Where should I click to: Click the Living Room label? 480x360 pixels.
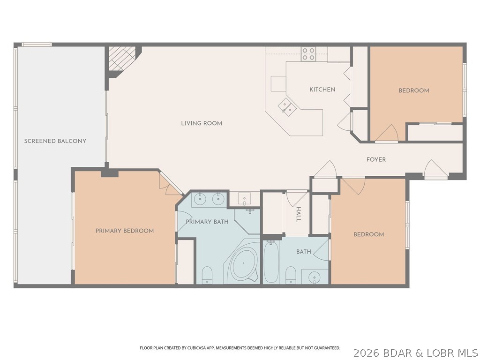click(202, 123)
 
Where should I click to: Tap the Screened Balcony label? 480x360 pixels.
click(55, 141)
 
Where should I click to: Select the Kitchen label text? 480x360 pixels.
click(322, 90)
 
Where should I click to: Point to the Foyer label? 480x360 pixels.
click(376, 160)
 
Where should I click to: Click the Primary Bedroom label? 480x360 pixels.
click(125, 231)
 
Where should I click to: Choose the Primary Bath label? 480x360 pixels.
click(207, 222)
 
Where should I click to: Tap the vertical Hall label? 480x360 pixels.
click(298, 215)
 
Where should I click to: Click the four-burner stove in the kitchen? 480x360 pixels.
click(308, 54)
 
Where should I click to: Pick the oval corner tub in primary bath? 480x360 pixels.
click(244, 263)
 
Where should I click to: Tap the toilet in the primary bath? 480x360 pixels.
click(207, 275)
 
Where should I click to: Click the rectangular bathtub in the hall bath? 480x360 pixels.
click(271, 262)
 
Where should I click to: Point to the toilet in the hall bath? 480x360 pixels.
click(291, 275)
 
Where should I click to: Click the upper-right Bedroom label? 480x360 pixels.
click(414, 90)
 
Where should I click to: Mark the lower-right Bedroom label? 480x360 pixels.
click(368, 234)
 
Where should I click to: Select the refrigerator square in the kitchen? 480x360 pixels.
click(278, 83)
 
